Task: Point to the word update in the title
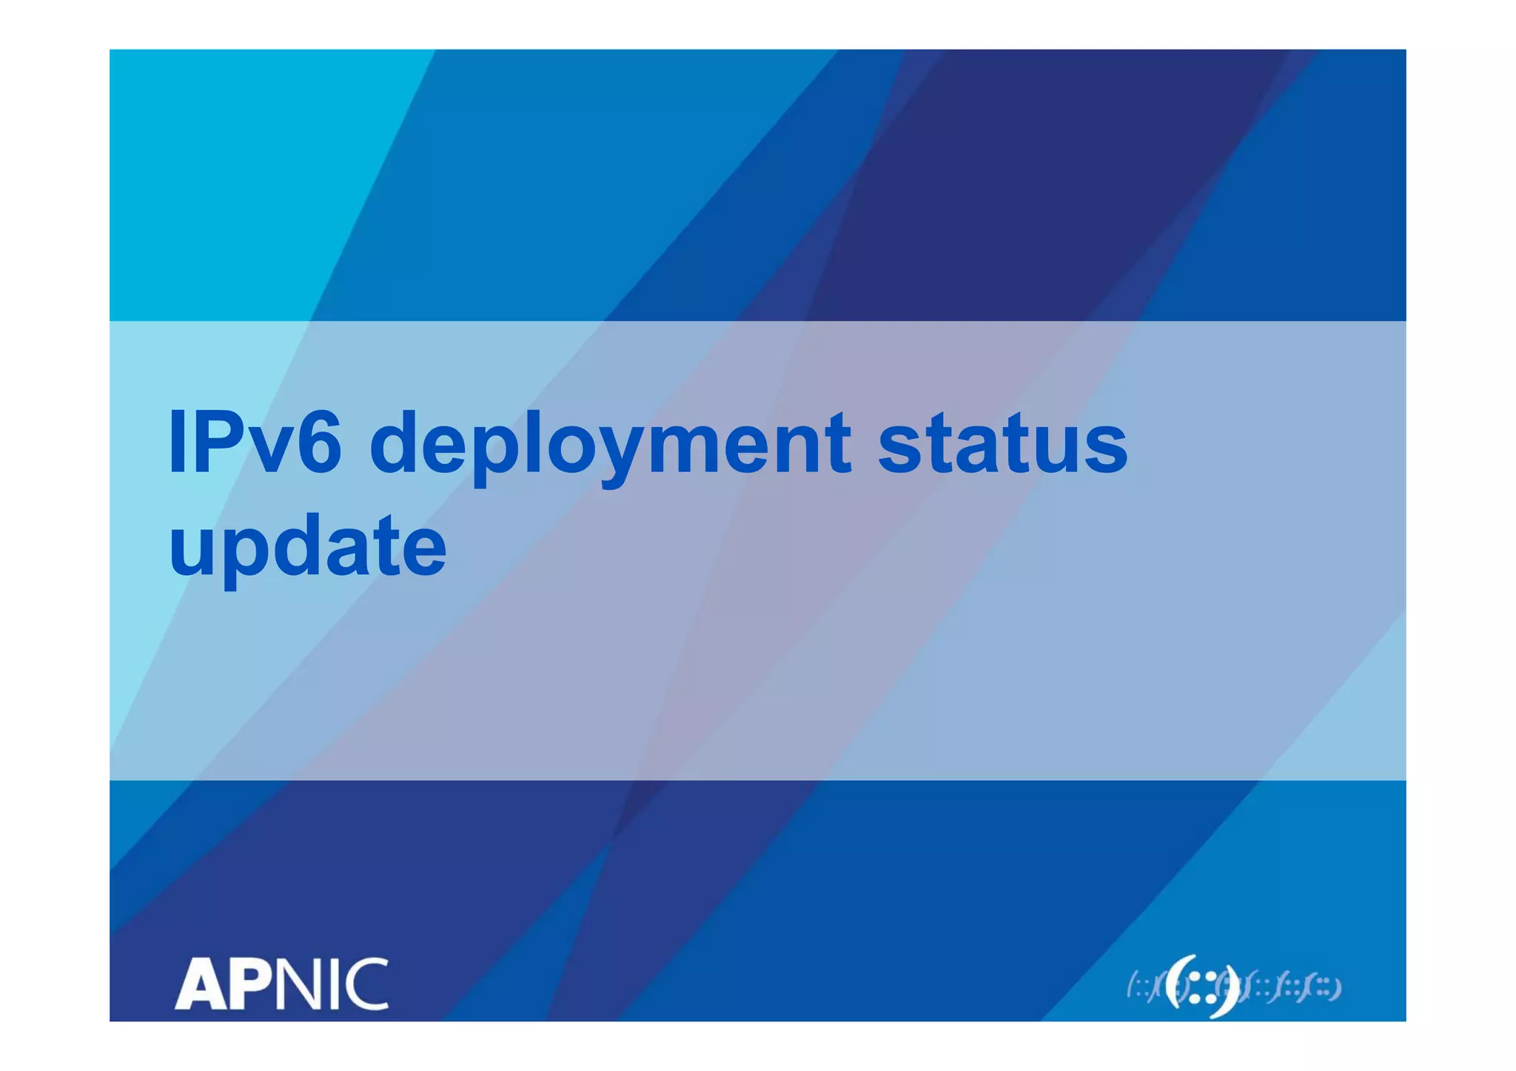(308, 548)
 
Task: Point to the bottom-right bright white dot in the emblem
(1211, 998)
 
